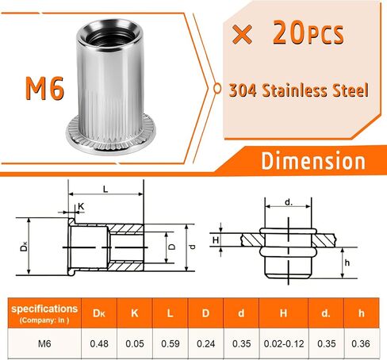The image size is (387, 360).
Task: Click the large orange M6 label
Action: tap(44, 88)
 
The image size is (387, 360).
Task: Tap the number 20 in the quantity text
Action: tap(289, 33)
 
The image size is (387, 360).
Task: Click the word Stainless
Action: tap(299, 90)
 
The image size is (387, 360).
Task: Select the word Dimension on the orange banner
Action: tap(313, 161)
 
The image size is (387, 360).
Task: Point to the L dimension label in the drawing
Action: tap(105, 189)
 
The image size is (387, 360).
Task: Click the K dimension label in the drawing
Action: tap(81, 206)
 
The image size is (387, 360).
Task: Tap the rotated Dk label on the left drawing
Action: tap(24, 247)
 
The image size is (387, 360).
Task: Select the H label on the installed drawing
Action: tap(216, 240)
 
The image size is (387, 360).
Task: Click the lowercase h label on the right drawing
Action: tap(347, 262)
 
